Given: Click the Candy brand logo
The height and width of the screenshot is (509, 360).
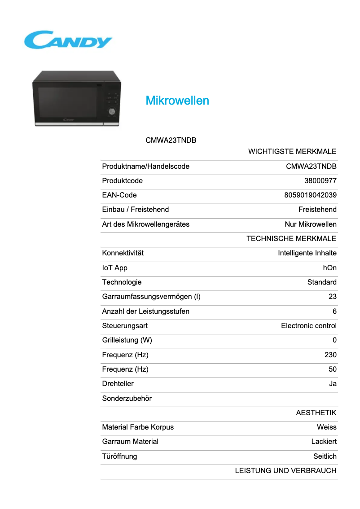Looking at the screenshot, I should pyautogui.click(x=68, y=40).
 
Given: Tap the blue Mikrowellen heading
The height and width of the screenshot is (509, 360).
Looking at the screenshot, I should pyautogui.click(x=177, y=101).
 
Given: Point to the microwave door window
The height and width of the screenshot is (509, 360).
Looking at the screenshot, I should pyautogui.click(x=67, y=102).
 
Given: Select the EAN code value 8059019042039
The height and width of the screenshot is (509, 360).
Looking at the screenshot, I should pyautogui.click(x=310, y=195).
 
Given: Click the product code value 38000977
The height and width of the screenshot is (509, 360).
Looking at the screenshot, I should pyautogui.click(x=320, y=181).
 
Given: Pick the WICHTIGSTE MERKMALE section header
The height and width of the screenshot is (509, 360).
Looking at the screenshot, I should pyautogui.click(x=292, y=152).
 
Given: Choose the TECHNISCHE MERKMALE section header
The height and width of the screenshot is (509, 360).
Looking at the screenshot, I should pyautogui.click(x=291, y=238).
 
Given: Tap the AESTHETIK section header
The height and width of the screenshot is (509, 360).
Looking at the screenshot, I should pyautogui.click(x=316, y=412).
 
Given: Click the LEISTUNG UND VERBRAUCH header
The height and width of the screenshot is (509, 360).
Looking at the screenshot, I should pyautogui.click(x=285, y=470).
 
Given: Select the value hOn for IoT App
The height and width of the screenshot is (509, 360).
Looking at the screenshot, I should pyautogui.click(x=329, y=268).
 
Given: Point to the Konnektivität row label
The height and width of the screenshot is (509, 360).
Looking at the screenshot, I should pyautogui.click(x=123, y=253).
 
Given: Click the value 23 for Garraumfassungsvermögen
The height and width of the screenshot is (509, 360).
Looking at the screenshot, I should pyautogui.click(x=332, y=297).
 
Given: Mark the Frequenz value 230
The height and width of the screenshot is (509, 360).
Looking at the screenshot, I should pyautogui.click(x=330, y=355).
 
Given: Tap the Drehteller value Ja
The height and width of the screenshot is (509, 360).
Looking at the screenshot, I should pyautogui.click(x=333, y=384).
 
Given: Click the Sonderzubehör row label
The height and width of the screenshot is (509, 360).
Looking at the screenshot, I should pyautogui.click(x=127, y=398).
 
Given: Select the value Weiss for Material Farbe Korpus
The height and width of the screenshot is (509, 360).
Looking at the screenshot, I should pyautogui.click(x=326, y=427).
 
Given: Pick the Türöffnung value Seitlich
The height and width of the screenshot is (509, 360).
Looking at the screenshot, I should pyautogui.click(x=325, y=456).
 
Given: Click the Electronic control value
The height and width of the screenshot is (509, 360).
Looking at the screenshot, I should pyautogui.click(x=309, y=325).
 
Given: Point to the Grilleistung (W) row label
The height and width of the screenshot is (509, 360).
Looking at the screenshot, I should pyautogui.click(x=127, y=340).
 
